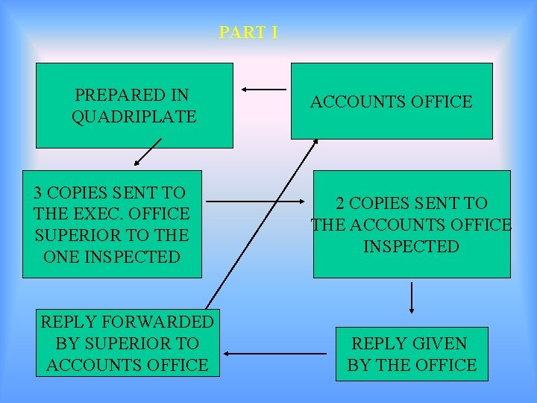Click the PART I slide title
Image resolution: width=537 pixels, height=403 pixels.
click(x=248, y=33)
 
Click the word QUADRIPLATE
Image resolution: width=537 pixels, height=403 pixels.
click(x=134, y=117)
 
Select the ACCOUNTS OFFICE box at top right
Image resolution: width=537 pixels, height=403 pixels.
click(x=392, y=101)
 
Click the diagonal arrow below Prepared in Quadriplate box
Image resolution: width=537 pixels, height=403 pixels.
click(x=148, y=151)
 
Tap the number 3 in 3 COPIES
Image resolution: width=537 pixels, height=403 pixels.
click(x=38, y=193)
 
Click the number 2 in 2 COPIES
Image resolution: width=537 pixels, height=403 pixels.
click(x=340, y=203)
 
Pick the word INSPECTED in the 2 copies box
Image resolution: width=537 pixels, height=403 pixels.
click(x=411, y=246)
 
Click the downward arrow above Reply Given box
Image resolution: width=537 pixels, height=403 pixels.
click(x=412, y=298)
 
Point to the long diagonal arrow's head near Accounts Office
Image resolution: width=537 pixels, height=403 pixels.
click(x=315, y=142)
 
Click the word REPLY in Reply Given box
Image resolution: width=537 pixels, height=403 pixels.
click(x=377, y=344)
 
